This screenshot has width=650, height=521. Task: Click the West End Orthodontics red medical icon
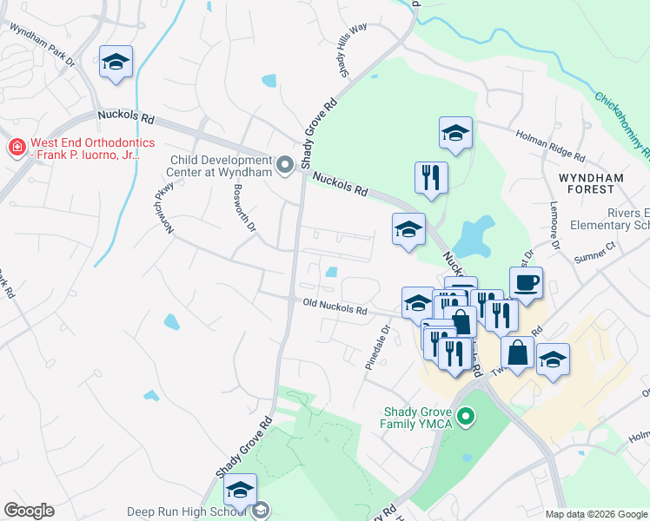pos(16,148)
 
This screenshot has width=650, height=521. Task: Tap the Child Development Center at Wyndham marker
pos(284,165)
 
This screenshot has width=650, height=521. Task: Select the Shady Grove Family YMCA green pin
pos(466,418)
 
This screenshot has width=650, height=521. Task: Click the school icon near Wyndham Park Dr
pos(116,62)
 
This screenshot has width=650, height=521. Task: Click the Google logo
pos(29,511)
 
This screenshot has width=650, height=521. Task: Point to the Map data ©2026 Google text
pos(595,514)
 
